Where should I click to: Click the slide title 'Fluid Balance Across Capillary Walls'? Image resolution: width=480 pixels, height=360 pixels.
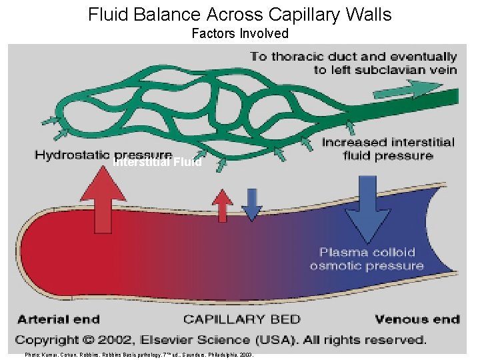(x=240, y=14)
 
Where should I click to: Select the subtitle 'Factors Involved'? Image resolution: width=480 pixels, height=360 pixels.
(x=240, y=33)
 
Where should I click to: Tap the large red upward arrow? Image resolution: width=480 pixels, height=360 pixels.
(x=103, y=197)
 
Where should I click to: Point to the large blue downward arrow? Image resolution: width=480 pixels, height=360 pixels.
(x=366, y=207)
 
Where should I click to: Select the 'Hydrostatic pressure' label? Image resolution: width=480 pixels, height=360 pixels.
(x=103, y=155)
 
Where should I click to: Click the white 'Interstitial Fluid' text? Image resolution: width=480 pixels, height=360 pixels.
(x=157, y=162)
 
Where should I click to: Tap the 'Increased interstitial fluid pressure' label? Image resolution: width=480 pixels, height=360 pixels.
(x=387, y=149)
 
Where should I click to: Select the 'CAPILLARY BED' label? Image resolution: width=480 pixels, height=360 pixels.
(x=241, y=319)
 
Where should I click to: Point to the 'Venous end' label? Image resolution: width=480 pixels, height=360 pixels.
(x=417, y=319)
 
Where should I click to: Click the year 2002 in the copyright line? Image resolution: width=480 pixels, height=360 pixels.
(x=137, y=339)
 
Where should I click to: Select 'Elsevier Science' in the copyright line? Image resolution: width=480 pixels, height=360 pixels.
(x=219, y=339)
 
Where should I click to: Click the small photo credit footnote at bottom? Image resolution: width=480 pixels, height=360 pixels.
(x=139, y=355)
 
